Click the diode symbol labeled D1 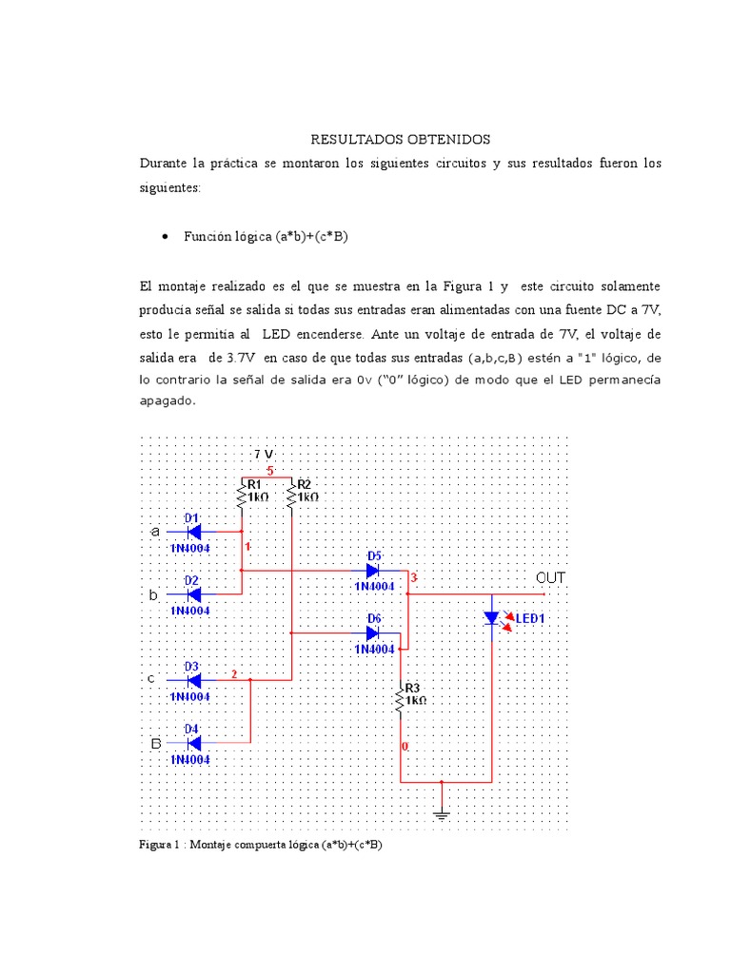pyautogui.click(x=193, y=533)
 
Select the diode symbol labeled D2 pyautogui.click(x=193, y=594)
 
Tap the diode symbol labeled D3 pyautogui.click(x=193, y=680)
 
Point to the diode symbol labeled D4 pyautogui.click(x=193, y=743)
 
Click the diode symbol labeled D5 pyautogui.click(x=373, y=570)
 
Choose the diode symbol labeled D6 pyautogui.click(x=373, y=633)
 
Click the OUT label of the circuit pyautogui.click(x=552, y=577)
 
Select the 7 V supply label pyautogui.click(x=264, y=456)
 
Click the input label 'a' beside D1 pyautogui.click(x=154, y=533)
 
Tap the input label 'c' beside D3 pyautogui.click(x=150, y=678)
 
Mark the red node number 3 pyautogui.click(x=414, y=577)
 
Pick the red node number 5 pyautogui.click(x=269, y=470)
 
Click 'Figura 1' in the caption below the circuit pyautogui.click(x=160, y=845)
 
